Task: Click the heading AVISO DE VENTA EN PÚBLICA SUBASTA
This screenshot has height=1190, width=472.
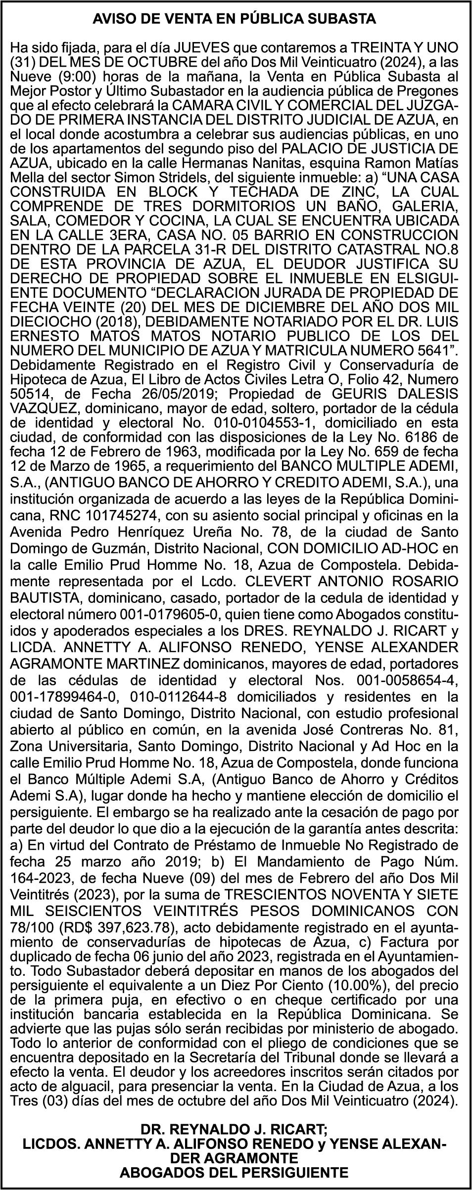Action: tap(236, 19)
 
